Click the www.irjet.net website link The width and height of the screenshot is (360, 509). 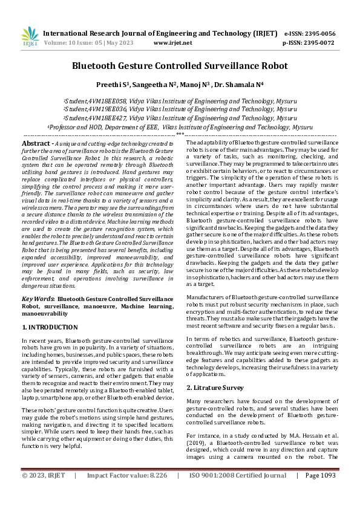[173, 44]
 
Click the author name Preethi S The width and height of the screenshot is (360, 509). [112, 84]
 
